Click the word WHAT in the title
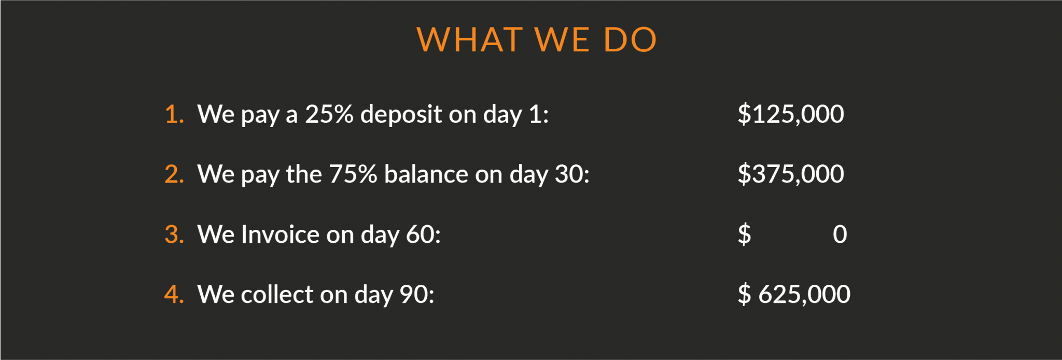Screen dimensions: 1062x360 tap(470, 39)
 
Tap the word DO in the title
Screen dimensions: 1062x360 tap(631, 39)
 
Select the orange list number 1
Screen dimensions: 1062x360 tap(174, 114)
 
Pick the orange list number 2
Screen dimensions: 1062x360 tap(174, 174)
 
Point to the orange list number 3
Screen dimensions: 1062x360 tap(174, 234)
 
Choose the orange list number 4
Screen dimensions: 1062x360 tap(174, 294)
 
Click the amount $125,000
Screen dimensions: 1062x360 tap(791, 114)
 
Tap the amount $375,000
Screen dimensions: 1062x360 tap(791, 174)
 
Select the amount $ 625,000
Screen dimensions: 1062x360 tap(794, 294)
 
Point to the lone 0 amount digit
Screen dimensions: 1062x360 tap(840, 234)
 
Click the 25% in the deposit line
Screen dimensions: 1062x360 tap(329, 114)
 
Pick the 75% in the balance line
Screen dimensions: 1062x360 tap(353, 174)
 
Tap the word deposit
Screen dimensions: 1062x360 tap(401, 114)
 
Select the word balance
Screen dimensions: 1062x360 tap(426, 174)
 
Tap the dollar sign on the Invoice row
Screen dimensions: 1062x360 tap(744, 234)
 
